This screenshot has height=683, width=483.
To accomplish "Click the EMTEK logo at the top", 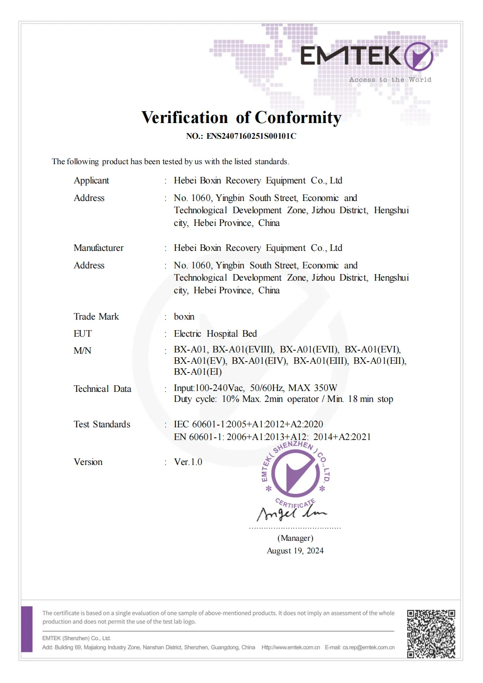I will (367, 56).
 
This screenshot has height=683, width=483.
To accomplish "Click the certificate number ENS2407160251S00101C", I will (251, 136).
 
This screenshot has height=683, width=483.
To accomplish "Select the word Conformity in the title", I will (298, 117).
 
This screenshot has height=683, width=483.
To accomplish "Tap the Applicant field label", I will (91, 180).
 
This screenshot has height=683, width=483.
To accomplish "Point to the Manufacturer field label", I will (99, 248).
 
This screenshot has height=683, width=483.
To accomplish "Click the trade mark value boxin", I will (184, 317).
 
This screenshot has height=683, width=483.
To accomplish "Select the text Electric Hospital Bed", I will (215, 334).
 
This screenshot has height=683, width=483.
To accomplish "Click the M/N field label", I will (82, 350).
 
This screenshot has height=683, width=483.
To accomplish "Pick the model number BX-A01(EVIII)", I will (243, 349).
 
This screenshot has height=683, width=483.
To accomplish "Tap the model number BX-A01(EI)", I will (198, 372).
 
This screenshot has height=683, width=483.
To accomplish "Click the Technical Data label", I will (102, 389).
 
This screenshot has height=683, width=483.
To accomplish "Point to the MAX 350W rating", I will (313, 388).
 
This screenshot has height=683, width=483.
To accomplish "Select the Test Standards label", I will (102, 424).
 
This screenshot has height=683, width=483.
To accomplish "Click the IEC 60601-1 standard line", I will (248, 424).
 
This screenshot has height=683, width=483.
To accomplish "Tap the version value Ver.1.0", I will (188, 462).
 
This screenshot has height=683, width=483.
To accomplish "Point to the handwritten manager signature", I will (291, 512).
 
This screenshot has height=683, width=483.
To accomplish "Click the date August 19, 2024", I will (295, 551).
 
